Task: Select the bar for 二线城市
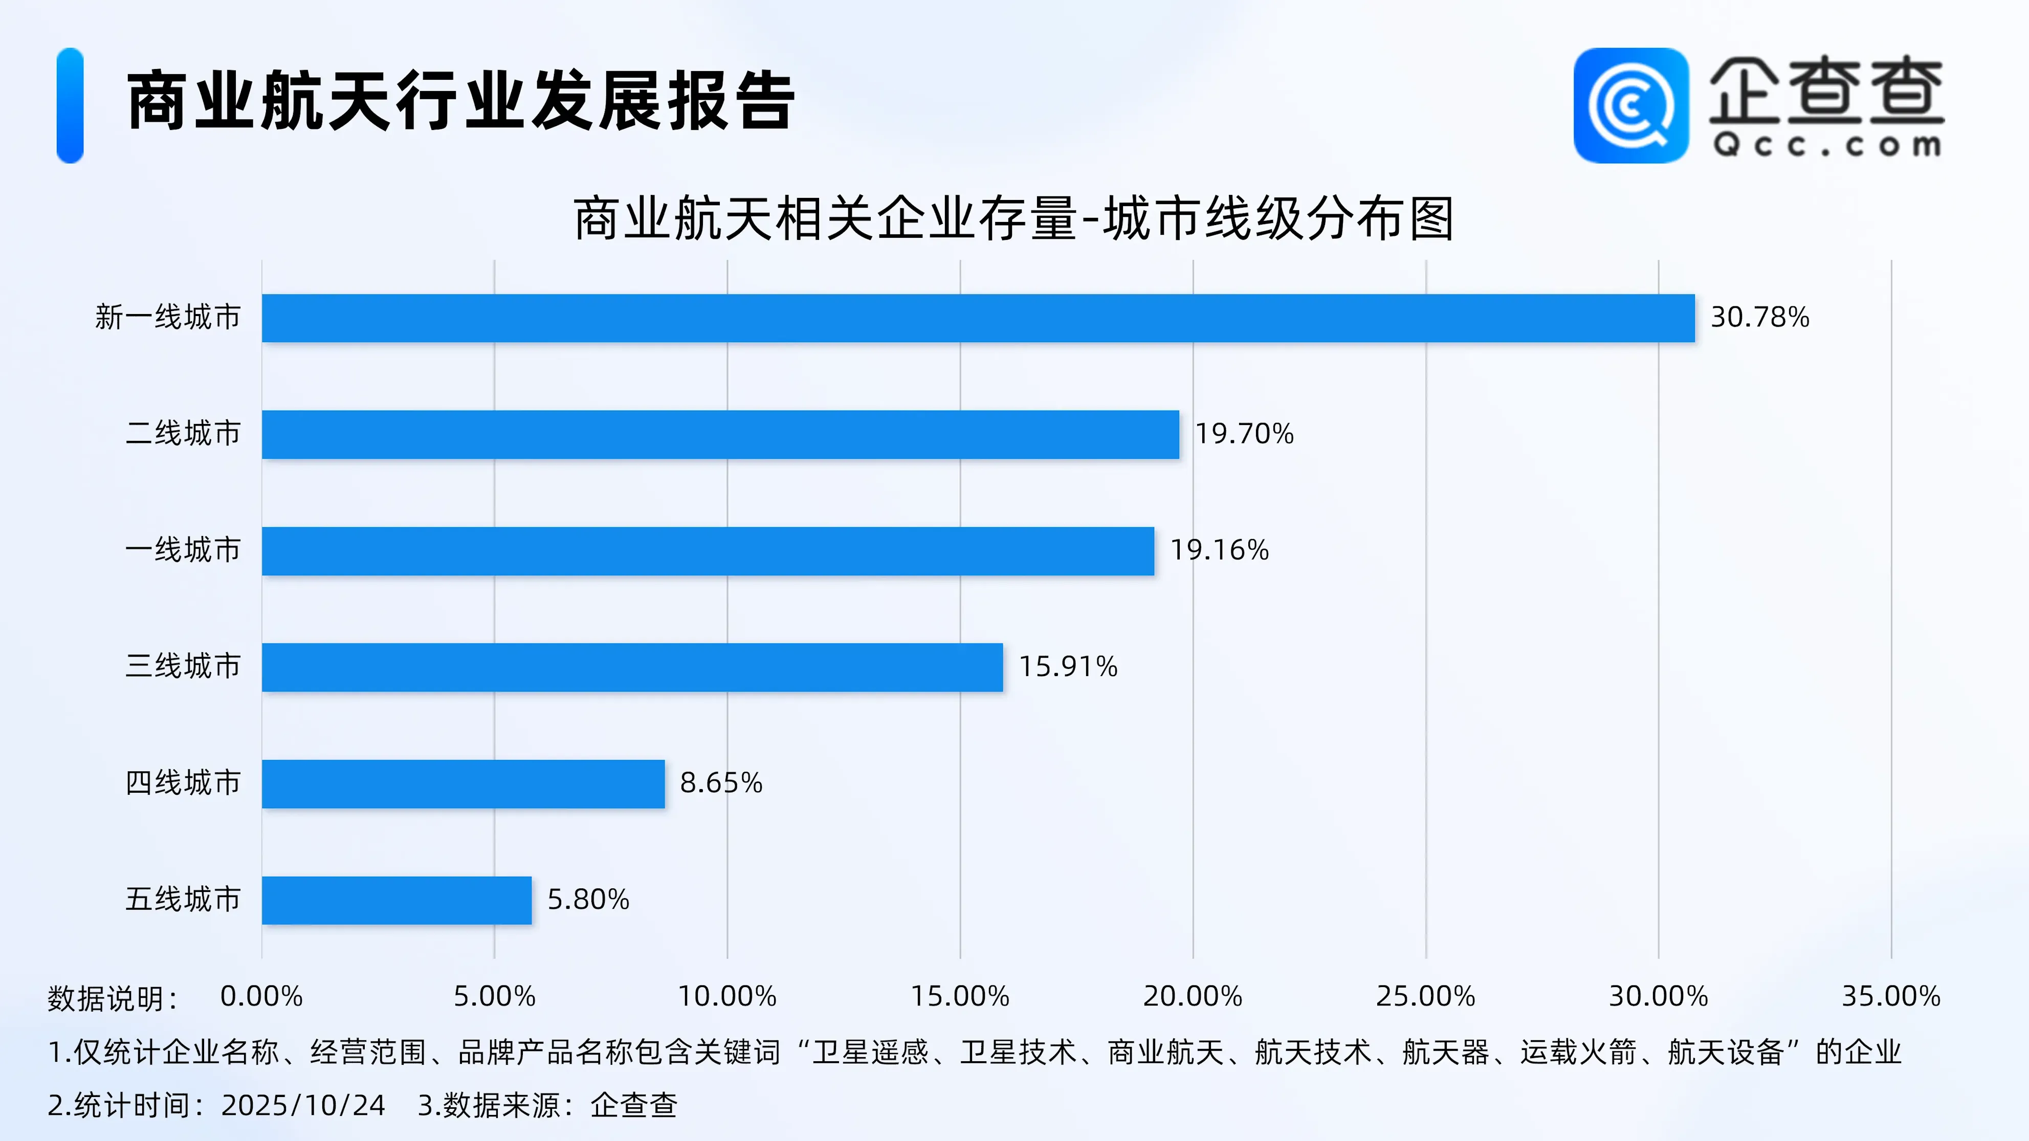click(720, 434)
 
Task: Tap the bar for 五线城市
click(396, 900)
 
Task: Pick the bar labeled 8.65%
click(462, 784)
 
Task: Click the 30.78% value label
click(1759, 317)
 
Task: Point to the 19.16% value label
click(1219, 550)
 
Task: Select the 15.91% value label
click(1068, 666)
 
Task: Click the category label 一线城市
click(183, 550)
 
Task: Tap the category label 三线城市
click(183, 666)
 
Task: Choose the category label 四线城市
click(183, 782)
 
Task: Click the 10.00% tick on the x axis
click(727, 996)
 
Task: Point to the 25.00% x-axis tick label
click(1425, 996)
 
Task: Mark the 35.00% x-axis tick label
click(1890, 996)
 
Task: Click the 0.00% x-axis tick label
click(261, 996)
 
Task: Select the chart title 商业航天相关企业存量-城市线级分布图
click(1013, 219)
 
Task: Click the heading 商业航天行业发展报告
click(461, 101)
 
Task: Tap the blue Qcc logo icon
click(1630, 105)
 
